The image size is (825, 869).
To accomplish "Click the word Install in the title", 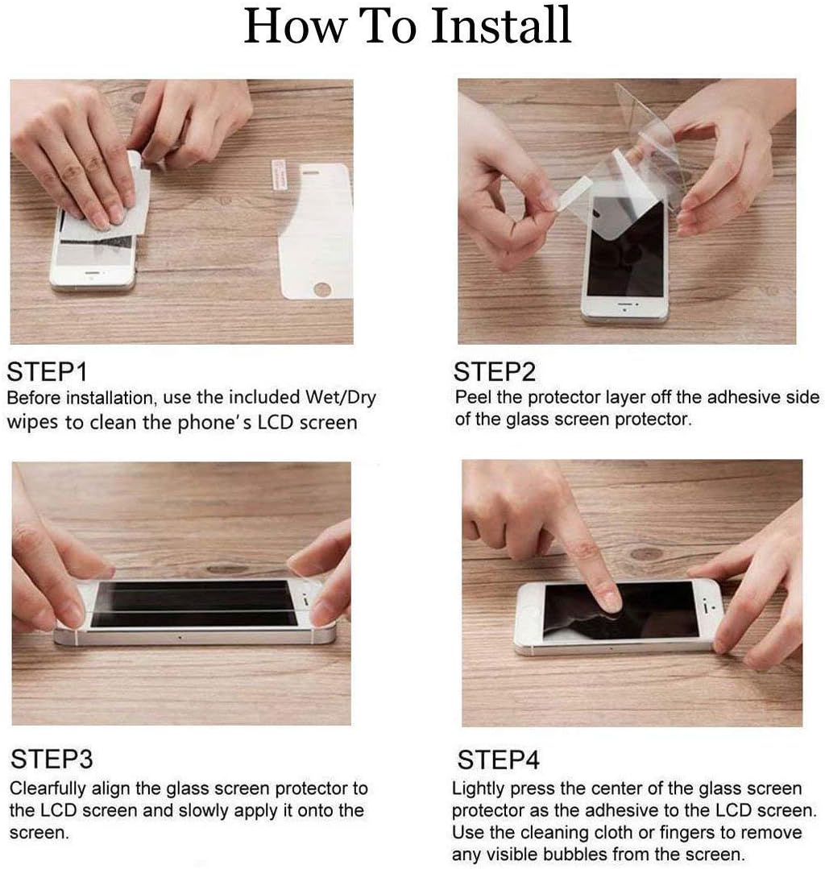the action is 501,25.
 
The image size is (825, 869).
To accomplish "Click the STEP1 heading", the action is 47,372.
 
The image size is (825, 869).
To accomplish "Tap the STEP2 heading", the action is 495,372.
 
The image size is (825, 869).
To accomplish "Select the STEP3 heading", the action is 52,759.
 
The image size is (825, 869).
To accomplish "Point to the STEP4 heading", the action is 498,759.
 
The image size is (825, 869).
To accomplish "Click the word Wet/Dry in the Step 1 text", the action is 341,398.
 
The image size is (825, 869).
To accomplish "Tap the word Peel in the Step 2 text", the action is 473,397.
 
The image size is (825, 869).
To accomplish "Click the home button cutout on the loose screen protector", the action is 322,289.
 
